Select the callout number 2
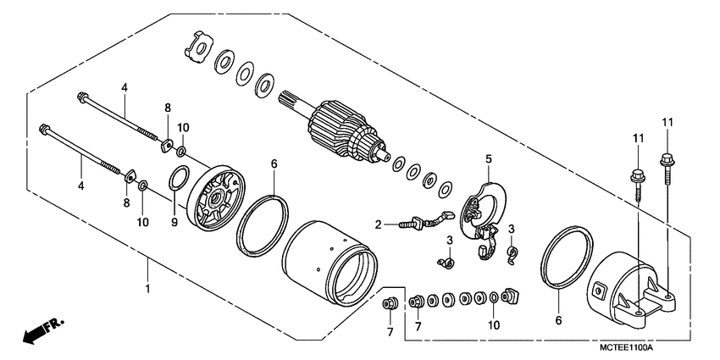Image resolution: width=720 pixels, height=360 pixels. (x=379, y=224)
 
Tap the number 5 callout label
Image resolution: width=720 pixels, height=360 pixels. (x=488, y=158)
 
